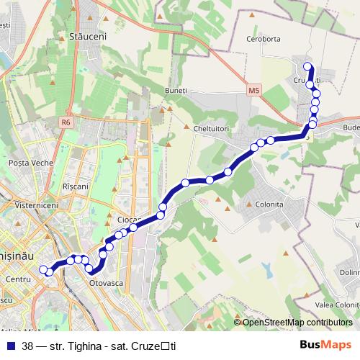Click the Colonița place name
click(x=269, y=204)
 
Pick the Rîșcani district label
click(x=76, y=186)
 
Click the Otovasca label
click(x=106, y=283)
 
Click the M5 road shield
click(x=253, y=91)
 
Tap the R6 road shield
click(x=66, y=122)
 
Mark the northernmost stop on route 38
click(x=308, y=67)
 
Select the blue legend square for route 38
click(x=11, y=346)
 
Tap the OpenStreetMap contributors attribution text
click(x=297, y=323)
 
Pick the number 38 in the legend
click(x=27, y=346)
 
